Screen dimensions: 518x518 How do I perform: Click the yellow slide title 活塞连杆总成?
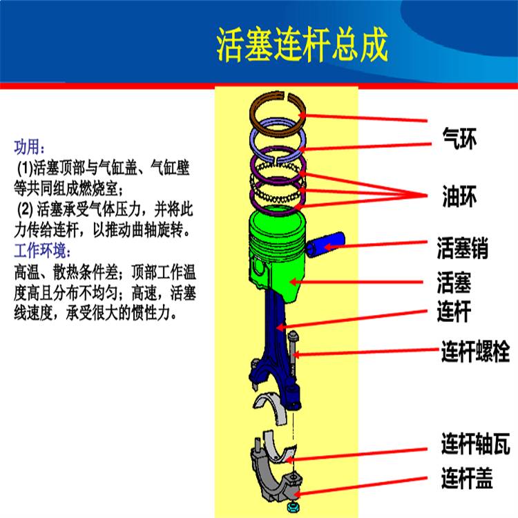pos(302,45)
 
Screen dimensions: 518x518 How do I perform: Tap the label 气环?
pos(459,139)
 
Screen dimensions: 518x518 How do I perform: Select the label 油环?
pos(459,196)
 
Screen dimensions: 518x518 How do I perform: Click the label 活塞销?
pos(462,248)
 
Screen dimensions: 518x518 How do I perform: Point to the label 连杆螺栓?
pos(475,351)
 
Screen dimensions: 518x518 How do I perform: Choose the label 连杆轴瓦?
pos(475,443)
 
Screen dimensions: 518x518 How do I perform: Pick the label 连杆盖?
pos(467,478)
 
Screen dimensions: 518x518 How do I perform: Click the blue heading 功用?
pos(29,147)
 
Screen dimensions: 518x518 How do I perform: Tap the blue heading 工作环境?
pos(42,251)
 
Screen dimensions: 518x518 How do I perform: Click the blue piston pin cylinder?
pos(325,244)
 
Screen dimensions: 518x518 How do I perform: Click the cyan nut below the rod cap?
pos(291,507)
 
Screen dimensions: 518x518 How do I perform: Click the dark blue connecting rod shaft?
pos(275,330)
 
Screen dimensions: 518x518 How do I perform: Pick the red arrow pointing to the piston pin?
pos(376,244)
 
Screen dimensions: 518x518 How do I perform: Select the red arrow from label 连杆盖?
pos(360,486)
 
